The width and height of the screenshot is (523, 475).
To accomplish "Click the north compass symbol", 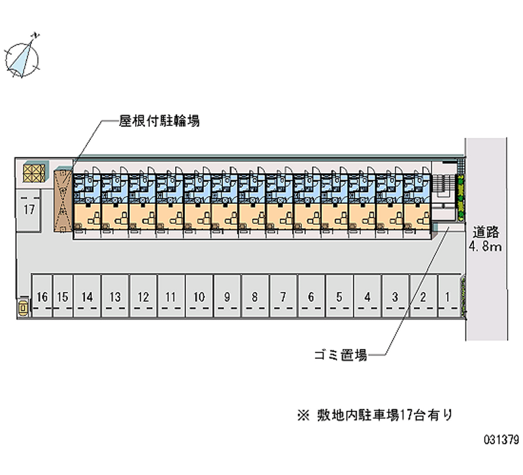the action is [22, 57].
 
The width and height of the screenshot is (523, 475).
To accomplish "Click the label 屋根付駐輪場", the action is [160, 121].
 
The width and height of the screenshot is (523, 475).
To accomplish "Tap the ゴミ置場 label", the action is [341, 355].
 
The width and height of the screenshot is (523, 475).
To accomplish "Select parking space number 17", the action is [29, 210].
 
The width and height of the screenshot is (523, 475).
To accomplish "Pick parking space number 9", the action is [227, 296].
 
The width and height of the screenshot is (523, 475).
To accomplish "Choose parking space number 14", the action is [87, 296].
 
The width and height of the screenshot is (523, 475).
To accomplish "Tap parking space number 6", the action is [311, 296].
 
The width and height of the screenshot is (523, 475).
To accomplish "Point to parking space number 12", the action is [143, 296].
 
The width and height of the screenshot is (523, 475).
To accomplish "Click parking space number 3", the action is [396, 296].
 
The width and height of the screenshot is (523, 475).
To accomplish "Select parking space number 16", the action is [42, 296].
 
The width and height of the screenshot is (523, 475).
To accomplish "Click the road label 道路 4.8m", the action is [485, 239].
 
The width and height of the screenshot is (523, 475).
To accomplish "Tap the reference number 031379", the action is [501, 440].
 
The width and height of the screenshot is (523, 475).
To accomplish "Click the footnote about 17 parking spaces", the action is [375, 416].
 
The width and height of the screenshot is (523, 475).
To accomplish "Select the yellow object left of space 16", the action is [23, 307].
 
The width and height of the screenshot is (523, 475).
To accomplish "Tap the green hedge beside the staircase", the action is [460, 197].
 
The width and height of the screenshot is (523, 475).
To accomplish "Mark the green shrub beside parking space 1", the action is [464, 296].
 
